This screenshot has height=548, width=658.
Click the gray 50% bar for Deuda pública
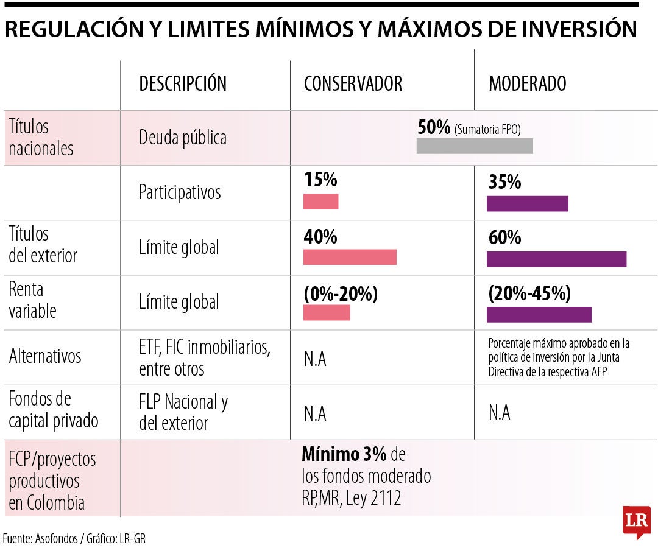coord(475,146)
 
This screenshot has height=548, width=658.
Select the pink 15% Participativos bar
coord(320,202)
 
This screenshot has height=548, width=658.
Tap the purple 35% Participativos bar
coord(527,203)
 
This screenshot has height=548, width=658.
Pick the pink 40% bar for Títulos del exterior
coord(350,257)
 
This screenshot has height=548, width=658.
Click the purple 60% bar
coord(556,259)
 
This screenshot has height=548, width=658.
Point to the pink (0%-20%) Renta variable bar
coord(327,312)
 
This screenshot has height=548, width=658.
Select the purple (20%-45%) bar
coord(539,314)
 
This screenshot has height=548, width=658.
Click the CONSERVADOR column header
coord(353,84)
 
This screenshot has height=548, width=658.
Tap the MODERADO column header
coord(527,84)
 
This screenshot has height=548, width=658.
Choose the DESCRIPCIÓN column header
coord(183,84)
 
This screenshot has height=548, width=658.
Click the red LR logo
coord(637,521)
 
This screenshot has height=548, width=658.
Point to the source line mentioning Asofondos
coord(74,538)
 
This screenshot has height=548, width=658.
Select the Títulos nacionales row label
coord(41,138)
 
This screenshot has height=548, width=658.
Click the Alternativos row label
coord(45,356)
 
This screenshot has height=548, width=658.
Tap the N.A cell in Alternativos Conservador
coord(315,359)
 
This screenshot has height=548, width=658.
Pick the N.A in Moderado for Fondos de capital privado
coord(499,413)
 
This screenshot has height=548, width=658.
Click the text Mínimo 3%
coord(344,455)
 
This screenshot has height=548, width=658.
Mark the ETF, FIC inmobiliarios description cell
coord(204,358)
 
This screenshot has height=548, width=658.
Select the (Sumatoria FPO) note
coord(487,128)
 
